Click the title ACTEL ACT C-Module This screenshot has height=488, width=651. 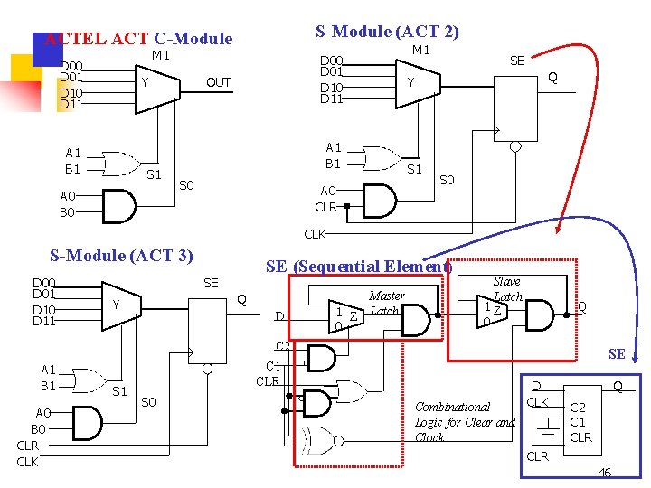pyautogui.click(x=138, y=39)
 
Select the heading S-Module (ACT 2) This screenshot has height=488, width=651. pyautogui.click(x=387, y=32)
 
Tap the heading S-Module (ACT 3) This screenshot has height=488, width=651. pyautogui.click(x=121, y=255)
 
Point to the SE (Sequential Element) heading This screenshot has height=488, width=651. pyautogui.click(x=358, y=267)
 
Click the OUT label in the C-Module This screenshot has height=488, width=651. pyautogui.click(x=218, y=82)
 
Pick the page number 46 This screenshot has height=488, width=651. pyautogui.click(x=604, y=472)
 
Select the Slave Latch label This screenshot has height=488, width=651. pyautogui.click(x=507, y=289)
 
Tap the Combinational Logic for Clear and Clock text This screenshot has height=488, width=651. pyautogui.click(x=464, y=422)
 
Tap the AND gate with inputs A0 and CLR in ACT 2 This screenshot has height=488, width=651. pyautogui.click(x=379, y=200)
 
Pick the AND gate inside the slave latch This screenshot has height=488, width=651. pyautogui.click(x=540, y=316)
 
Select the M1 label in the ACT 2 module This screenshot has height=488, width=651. pyautogui.click(x=421, y=50)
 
